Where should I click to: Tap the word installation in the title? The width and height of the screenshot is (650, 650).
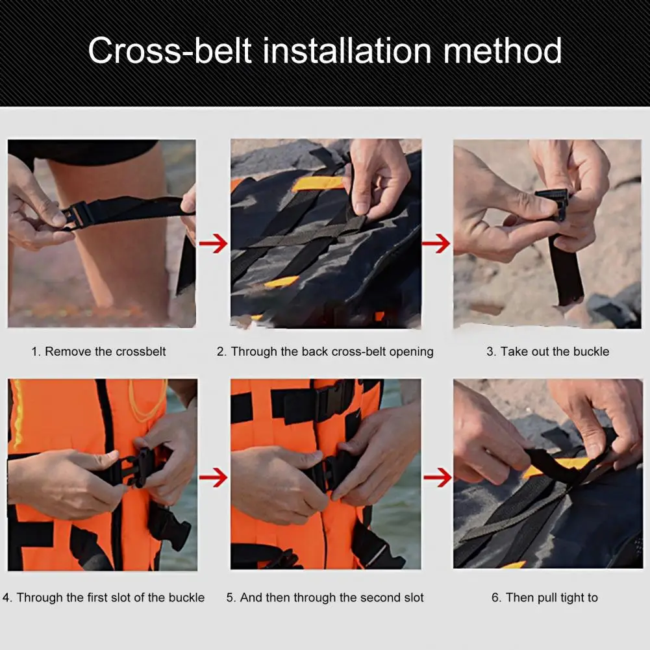(347, 51)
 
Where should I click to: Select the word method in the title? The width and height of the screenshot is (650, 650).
(503, 51)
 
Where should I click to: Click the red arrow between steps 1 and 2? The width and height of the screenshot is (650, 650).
(213, 244)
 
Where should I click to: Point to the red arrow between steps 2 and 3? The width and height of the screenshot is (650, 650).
(436, 244)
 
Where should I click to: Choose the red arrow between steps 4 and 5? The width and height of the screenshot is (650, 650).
(213, 479)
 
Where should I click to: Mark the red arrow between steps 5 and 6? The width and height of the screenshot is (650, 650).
(436, 479)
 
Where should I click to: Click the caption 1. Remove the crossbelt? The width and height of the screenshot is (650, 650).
(99, 351)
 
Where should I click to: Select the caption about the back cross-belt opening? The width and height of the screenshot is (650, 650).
(325, 351)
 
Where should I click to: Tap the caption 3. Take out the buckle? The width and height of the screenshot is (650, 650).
(547, 351)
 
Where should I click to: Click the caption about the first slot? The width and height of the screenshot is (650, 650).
(103, 597)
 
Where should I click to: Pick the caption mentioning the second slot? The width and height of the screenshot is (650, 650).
(325, 597)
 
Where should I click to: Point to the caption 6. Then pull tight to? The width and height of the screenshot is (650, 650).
(544, 597)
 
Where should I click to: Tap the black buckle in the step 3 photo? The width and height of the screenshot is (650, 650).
(553, 203)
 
